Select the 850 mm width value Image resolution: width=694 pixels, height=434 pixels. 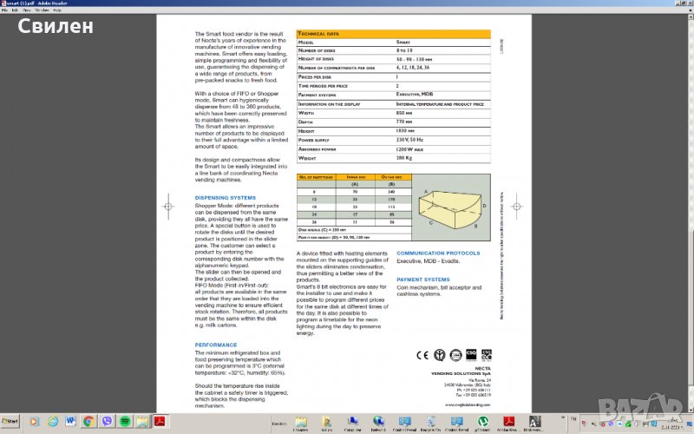[x=404, y=113]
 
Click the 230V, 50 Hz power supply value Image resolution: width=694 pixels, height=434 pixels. [x=410, y=139]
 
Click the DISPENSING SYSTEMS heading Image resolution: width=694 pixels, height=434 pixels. [x=225, y=197]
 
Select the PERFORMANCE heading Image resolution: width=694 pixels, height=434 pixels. [x=216, y=345]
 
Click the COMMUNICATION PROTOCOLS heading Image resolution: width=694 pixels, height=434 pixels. [x=439, y=253]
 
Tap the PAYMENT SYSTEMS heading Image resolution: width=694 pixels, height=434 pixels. [x=423, y=279]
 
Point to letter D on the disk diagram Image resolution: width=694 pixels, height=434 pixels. [x=484, y=206]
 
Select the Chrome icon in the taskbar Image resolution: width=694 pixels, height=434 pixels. [x=88, y=421]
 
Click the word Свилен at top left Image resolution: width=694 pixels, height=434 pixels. [x=54, y=27]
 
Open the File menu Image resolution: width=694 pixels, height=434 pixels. [x=4, y=10]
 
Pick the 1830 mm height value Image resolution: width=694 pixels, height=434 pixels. [x=406, y=130]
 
